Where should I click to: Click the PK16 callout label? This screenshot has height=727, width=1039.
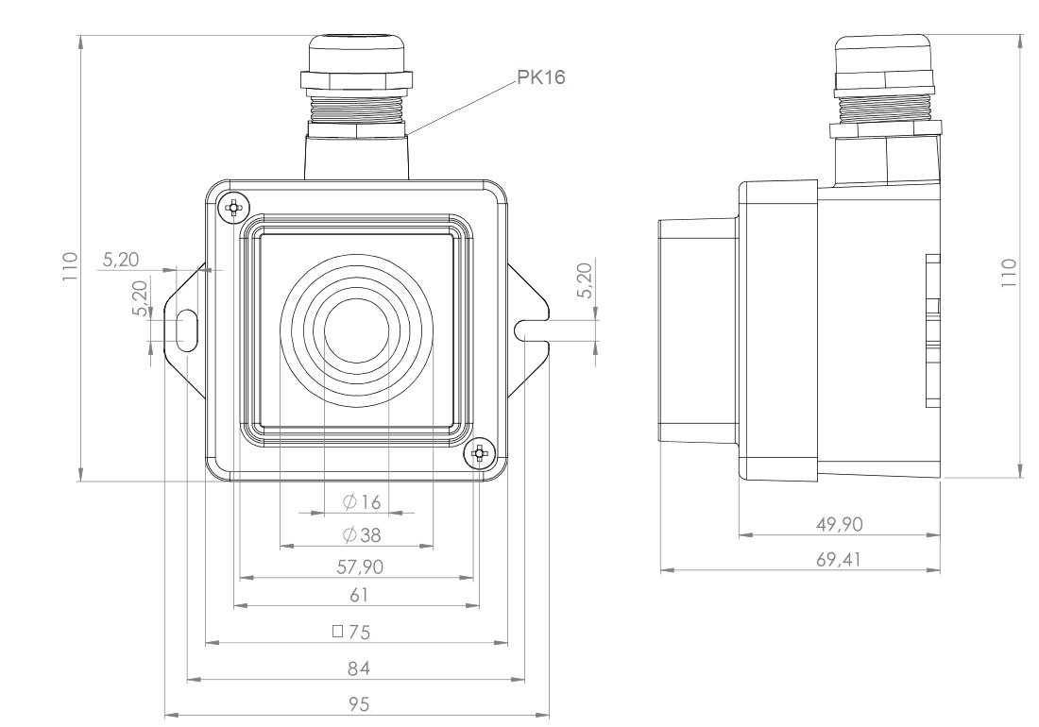point(541,78)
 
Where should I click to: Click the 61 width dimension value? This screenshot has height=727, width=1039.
point(356,595)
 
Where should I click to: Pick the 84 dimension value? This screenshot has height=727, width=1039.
point(356,668)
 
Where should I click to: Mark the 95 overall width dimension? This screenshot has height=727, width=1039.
point(356,703)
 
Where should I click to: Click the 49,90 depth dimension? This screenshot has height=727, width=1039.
point(838,523)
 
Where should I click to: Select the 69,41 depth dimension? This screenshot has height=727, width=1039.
point(838,559)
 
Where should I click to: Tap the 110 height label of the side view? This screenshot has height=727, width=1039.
point(1009,272)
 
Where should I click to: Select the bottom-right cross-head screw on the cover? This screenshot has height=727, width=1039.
point(479,455)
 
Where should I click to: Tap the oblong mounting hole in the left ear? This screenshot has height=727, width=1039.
point(186,330)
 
